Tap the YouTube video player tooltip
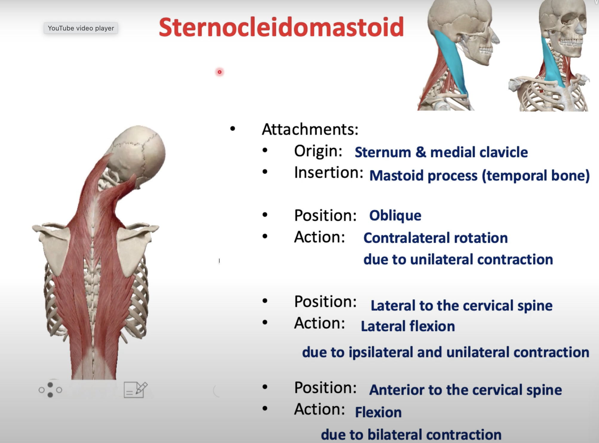81,28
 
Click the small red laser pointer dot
219,72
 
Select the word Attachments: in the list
310,129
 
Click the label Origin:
318,151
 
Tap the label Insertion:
328,172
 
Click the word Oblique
395,216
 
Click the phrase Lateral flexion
408,326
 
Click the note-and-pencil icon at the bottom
135,390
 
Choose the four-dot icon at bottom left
50,390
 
